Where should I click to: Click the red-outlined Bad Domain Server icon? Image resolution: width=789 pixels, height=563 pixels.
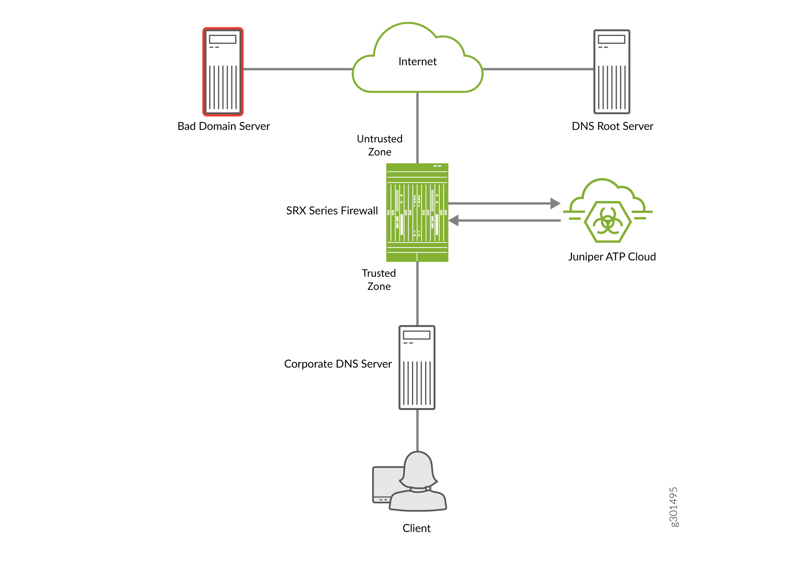223,72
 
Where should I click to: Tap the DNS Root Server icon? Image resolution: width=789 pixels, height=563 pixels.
611,72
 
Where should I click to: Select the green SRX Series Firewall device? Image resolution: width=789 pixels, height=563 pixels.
417,212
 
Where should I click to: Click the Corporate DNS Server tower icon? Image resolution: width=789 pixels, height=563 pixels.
417,367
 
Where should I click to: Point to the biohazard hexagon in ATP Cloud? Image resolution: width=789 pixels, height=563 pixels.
608,222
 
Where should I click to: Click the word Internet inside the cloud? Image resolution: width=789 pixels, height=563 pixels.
417,62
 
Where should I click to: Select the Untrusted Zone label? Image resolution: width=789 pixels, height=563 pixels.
379,145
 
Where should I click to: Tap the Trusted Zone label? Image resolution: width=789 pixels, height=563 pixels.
379,279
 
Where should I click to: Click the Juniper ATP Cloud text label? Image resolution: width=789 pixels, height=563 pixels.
612,257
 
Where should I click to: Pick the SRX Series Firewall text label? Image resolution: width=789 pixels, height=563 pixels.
332,211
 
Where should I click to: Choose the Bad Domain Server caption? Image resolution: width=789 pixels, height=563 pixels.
223,126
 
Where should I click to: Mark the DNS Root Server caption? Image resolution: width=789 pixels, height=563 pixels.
612,126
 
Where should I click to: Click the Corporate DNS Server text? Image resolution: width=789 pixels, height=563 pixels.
338,364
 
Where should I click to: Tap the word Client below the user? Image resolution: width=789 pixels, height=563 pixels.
416,528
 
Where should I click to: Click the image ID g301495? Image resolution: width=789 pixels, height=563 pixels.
674,507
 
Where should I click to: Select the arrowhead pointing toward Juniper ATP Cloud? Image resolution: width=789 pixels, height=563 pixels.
555,203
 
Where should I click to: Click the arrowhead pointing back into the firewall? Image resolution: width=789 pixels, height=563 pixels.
454,221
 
